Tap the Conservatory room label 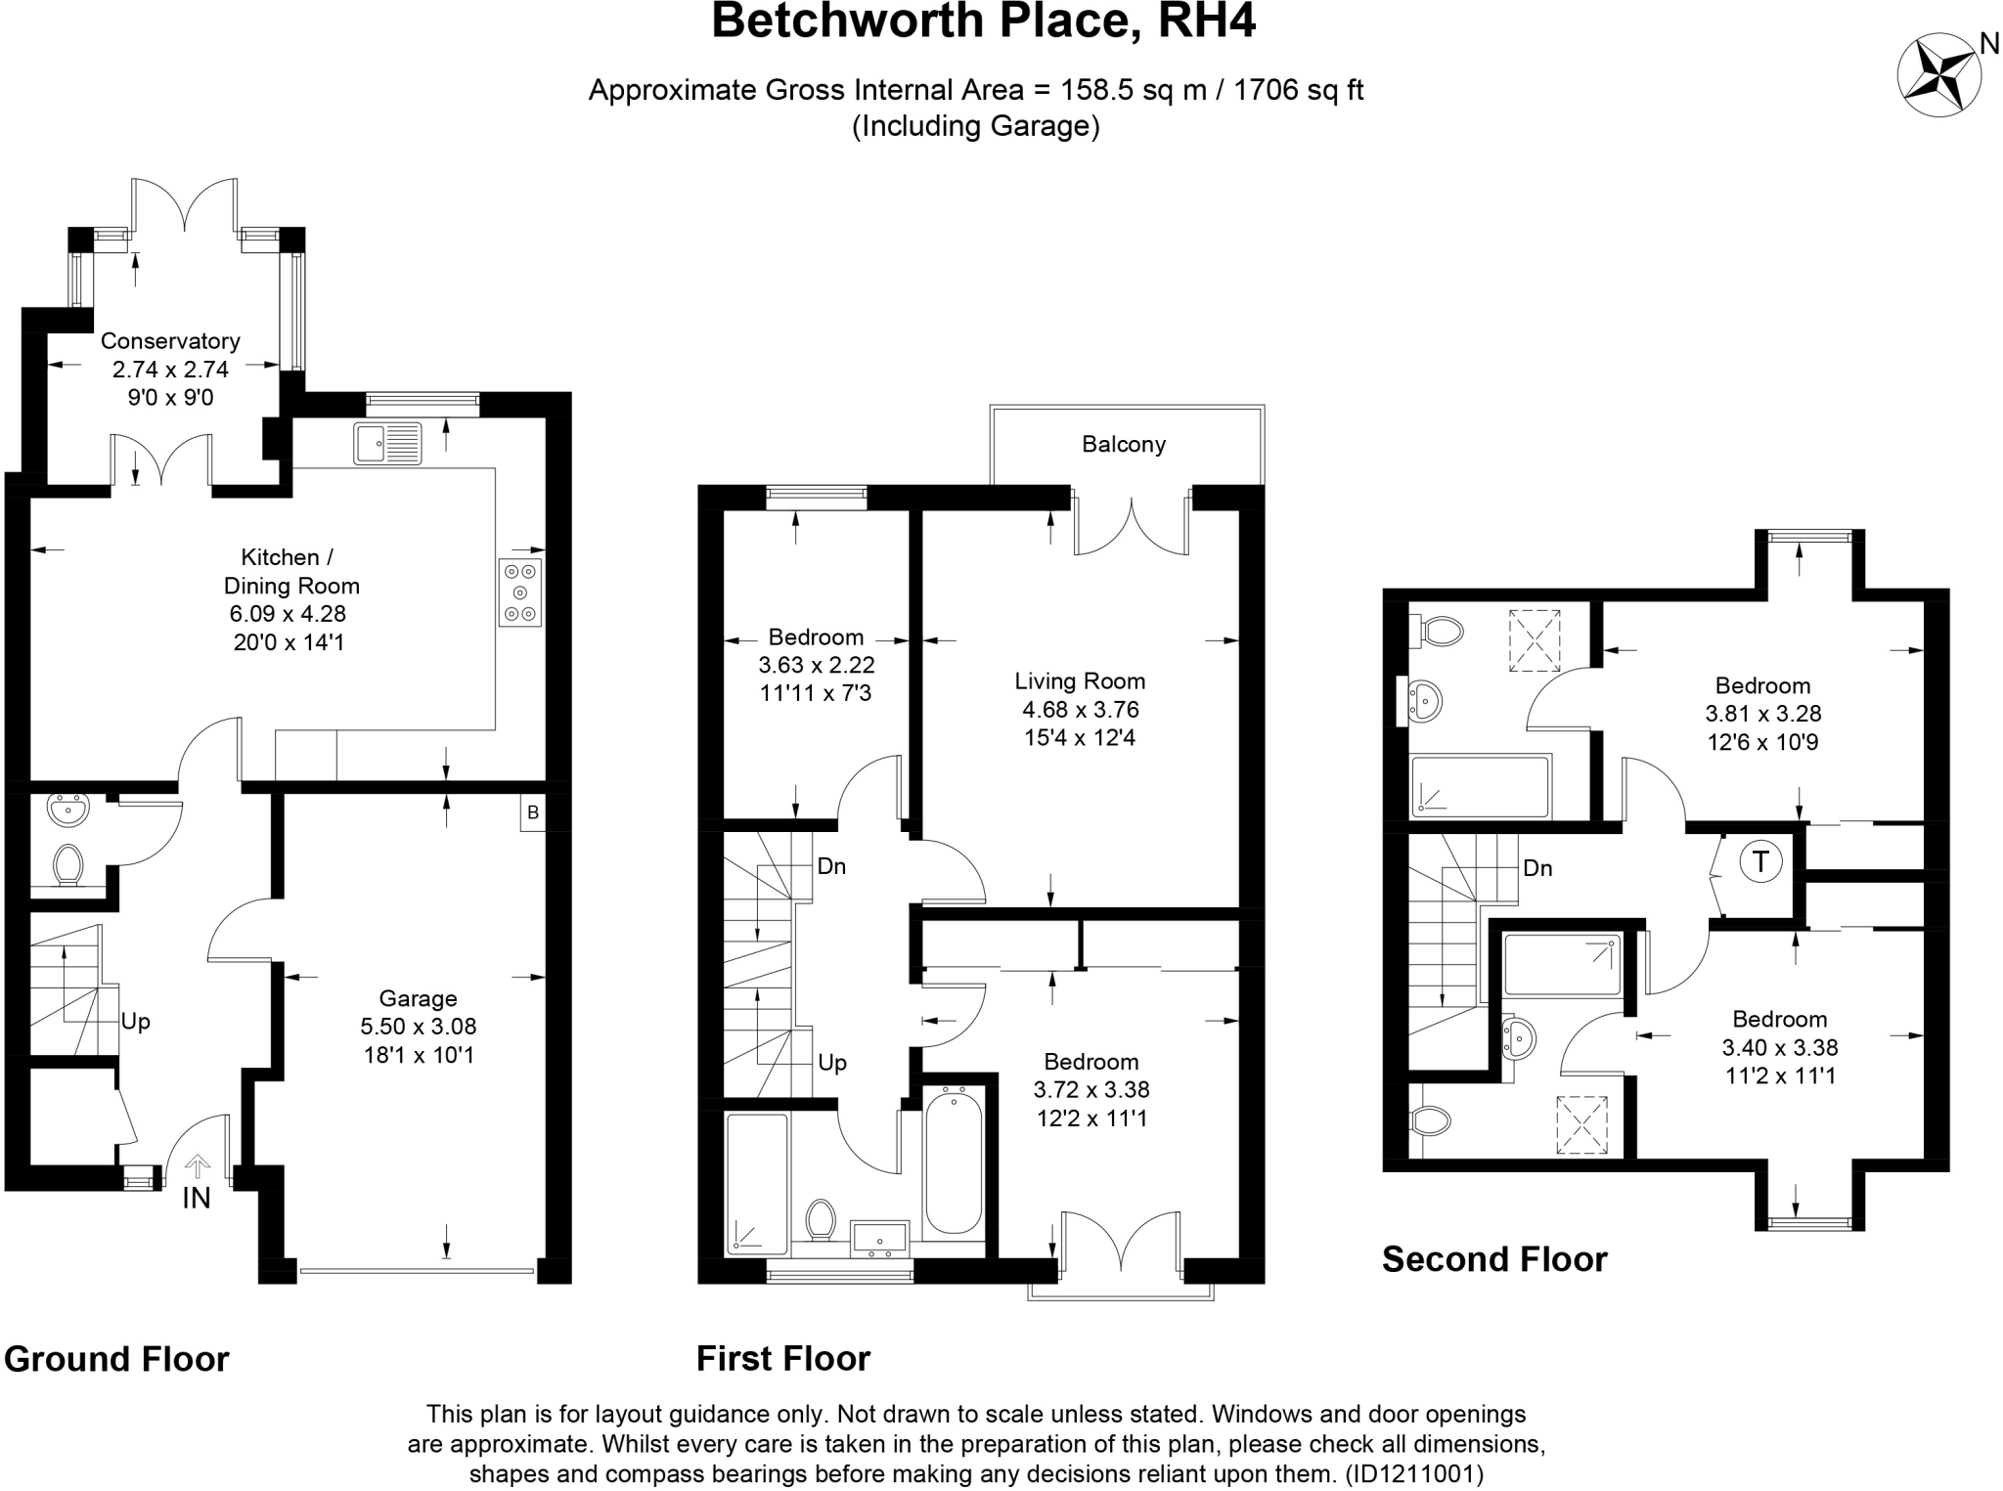[x=170, y=341]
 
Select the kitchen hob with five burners [x=519, y=592]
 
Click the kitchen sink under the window [x=388, y=443]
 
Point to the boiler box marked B [x=532, y=812]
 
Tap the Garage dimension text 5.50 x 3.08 [x=418, y=1027]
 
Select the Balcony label [x=1124, y=445]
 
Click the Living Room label [x=1080, y=681]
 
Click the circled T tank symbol [x=1760, y=862]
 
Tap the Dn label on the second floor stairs [x=1537, y=868]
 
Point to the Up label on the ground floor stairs [x=135, y=1022]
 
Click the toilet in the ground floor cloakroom [x=67, y=865]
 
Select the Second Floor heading [x=1493, y=1259]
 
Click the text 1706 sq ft [x=1298, y=90]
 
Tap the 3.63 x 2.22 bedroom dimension [x=817, y=666]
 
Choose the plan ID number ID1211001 [x=1414, y=1473]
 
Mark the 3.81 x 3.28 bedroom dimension [x=1762, y=714]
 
